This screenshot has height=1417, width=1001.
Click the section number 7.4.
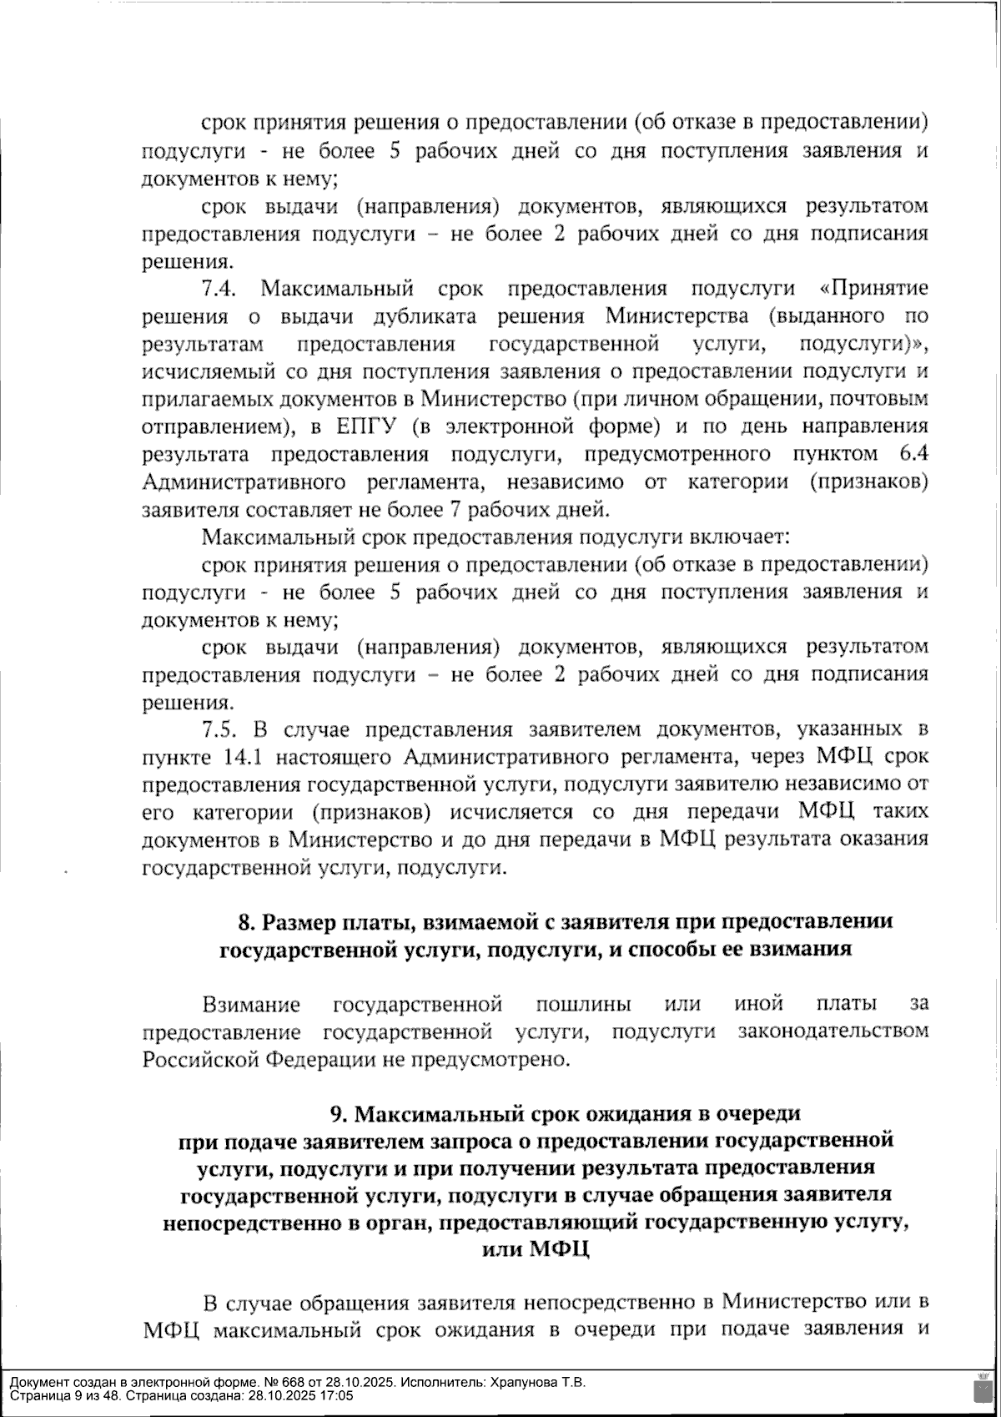[220, 290]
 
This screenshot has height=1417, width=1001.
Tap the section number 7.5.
[220, 730]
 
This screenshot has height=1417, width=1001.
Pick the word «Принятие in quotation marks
[874, 290]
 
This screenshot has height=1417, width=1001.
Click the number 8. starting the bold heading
[246, 922]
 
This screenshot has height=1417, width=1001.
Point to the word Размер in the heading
[297, 922]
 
